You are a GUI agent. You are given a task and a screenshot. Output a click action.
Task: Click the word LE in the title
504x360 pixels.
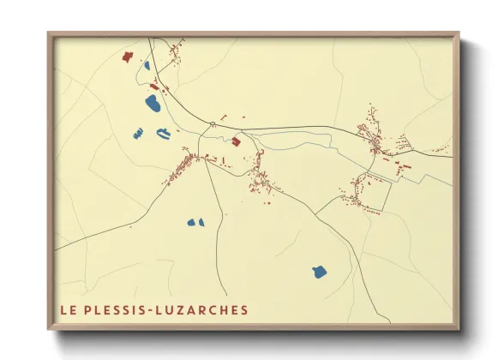[x=67, y=310]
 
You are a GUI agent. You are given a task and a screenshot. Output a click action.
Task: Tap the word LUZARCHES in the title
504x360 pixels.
[x=205, y=310]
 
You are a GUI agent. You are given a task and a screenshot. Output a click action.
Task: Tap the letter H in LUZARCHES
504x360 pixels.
[x=225, y=310]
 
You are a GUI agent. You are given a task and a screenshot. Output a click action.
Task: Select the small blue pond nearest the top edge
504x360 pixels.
[x=147, y=64]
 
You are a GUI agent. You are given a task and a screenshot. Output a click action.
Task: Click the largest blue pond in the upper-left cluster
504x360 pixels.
[x=153, y=105]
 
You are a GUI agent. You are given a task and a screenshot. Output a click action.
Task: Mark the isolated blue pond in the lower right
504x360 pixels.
[x=319, y=273]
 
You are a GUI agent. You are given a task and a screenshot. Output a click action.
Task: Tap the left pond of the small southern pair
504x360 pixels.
[x=191, y=223]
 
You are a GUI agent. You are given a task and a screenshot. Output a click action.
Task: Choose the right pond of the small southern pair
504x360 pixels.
[x=201, y=222]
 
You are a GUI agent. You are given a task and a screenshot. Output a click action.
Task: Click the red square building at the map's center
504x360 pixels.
[x=236, y=141]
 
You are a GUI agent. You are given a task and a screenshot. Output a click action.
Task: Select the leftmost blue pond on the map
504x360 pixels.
[x=135, y=132]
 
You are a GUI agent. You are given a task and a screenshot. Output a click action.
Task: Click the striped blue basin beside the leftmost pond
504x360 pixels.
[x=162, y=133]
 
